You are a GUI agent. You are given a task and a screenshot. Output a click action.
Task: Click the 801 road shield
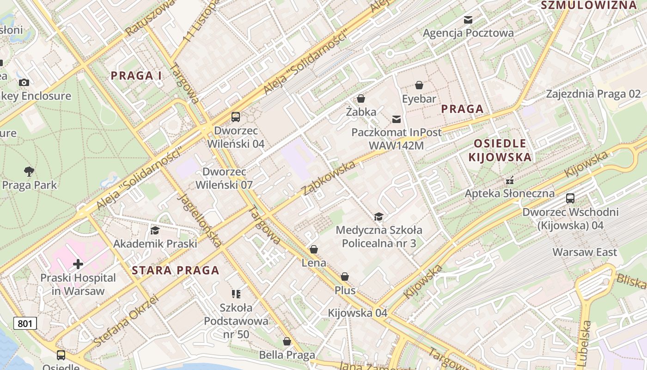click(24, 323)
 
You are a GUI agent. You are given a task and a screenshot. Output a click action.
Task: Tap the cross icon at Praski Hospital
click(78, 264)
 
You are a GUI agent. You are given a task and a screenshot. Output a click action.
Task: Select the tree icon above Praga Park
click(29, 172)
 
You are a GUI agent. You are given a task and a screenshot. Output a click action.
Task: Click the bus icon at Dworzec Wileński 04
click(236, 117)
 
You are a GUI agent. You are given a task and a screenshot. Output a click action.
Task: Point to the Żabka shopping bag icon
click(361, 99)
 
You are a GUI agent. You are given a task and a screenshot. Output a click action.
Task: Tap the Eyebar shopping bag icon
click(419, 85)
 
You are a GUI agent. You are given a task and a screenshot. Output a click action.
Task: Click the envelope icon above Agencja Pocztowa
click(468, 19)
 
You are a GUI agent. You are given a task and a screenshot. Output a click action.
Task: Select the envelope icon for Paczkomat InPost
click(397, 119)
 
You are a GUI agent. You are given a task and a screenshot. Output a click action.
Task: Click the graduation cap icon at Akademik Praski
click(155, 230)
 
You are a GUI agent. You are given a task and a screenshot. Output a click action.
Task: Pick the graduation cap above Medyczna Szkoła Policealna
click(378, 216)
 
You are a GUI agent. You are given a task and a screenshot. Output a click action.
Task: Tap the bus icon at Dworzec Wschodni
click(570, 198)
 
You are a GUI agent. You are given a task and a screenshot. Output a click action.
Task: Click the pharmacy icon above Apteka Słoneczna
click(510, 180)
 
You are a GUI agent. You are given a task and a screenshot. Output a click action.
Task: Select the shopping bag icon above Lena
click(314, 250)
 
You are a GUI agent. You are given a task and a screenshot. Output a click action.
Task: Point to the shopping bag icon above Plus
click(345, 277)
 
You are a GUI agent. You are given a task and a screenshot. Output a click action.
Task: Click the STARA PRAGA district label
click(176, 271)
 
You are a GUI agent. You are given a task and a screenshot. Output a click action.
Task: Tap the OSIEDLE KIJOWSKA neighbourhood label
click(500, 150)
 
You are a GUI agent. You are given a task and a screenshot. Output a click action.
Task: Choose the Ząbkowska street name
click(329, 178)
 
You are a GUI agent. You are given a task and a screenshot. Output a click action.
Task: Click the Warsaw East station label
click(585, 253)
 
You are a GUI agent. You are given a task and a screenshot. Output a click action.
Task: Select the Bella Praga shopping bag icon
click(287, 342)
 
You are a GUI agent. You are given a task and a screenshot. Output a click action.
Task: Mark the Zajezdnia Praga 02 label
click(593, 94)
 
